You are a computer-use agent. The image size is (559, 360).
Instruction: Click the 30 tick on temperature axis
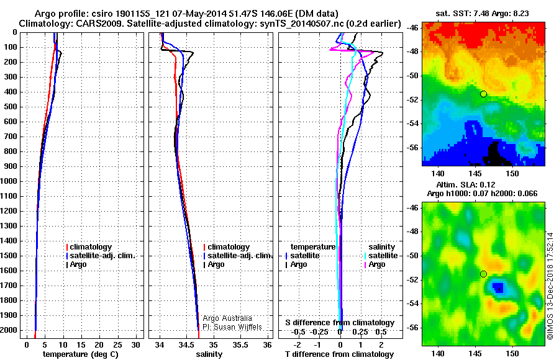coord(135,343)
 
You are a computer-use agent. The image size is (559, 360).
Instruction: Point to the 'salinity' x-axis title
coord(209,354)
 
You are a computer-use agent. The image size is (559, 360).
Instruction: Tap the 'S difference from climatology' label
coord(339,323)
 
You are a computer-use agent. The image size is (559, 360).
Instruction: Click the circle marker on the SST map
coord(483,94)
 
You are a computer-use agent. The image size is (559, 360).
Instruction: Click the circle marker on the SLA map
coord(483,274)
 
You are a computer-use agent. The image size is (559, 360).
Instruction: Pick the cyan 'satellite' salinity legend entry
coord(381,256)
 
